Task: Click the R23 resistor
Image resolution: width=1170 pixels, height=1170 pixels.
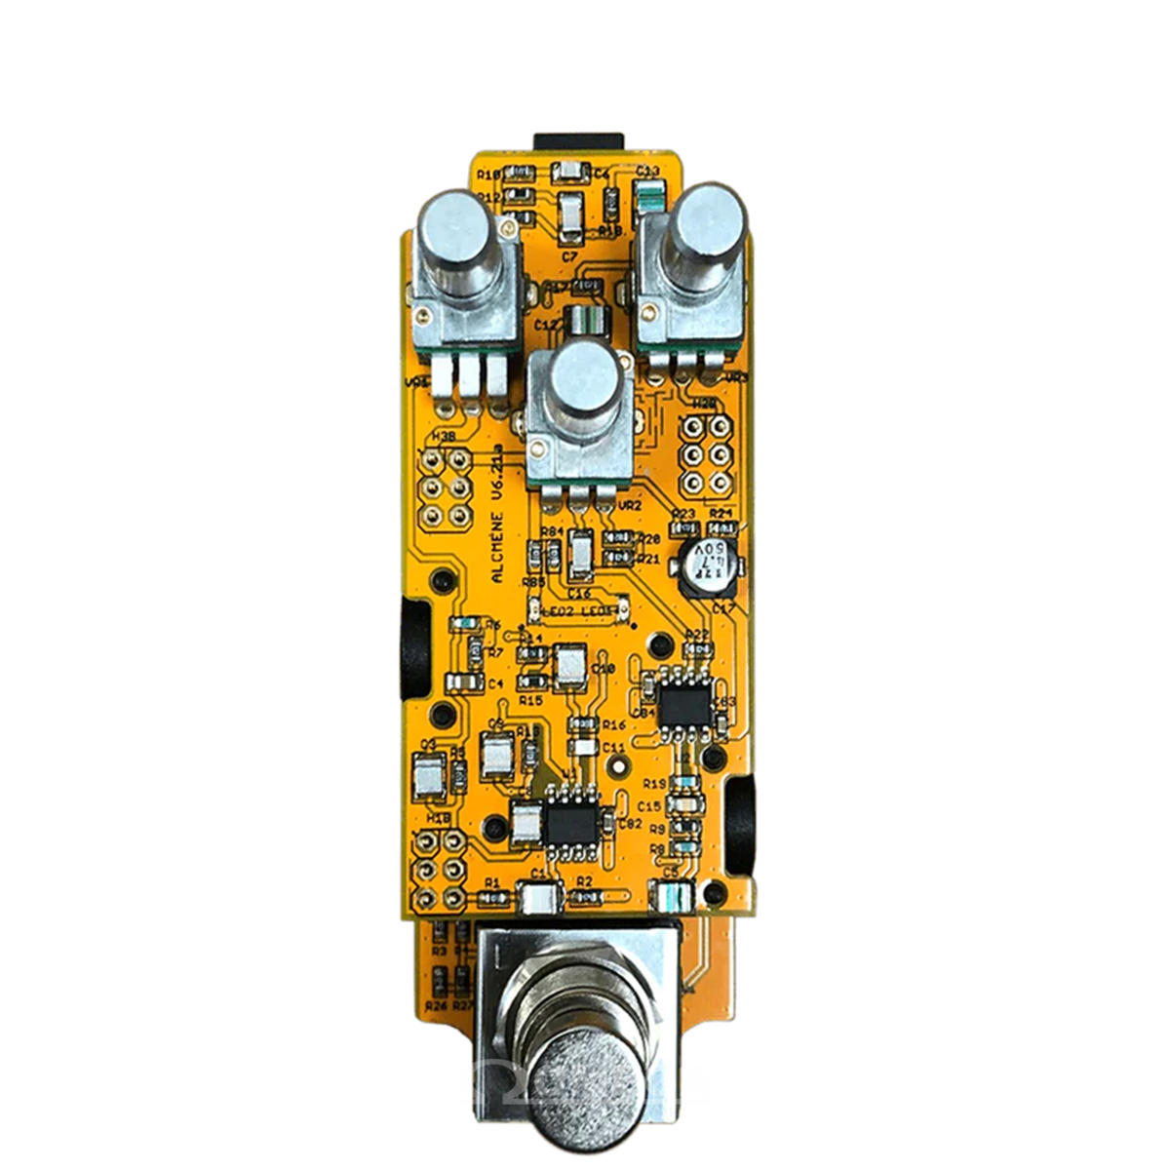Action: (685, 529)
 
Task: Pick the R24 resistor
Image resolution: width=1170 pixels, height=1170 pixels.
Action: (721, 529)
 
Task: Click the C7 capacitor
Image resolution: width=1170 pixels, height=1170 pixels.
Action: (570, 216)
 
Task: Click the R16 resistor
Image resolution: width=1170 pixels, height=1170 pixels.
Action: (584, 724)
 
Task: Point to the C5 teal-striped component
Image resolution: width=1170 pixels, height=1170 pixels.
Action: (672, 891)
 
